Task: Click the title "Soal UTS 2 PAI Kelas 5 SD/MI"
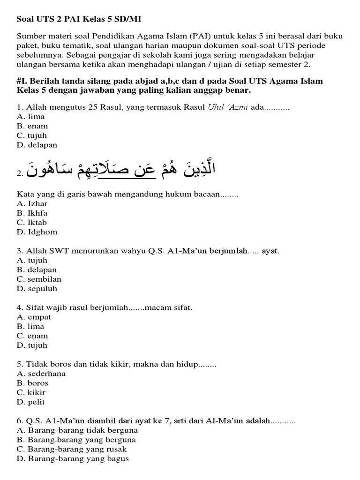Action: [x=79, y=20]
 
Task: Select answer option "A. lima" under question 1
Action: [x=30, y=117]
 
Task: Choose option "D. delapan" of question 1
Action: [x=37, y=145]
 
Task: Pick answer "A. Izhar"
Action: [x=32, y=204]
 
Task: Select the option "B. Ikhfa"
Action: [x=32, y=213]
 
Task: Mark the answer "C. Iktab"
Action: [x=31, y=223]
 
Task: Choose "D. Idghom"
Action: [x=37, y=232]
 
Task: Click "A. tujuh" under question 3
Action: [x=32, y=261]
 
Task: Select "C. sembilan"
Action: [x=39, y=279]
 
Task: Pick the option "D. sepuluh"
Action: [x=37, y=289]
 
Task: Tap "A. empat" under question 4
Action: [x=34, y=317]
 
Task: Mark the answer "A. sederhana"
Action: [x=41, y=374]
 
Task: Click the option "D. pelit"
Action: [x=30, y=402]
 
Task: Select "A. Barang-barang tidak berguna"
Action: [x=77, y=430]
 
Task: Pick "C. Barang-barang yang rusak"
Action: [x=73, y=449]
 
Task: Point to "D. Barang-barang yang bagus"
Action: [x=73, y=459]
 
